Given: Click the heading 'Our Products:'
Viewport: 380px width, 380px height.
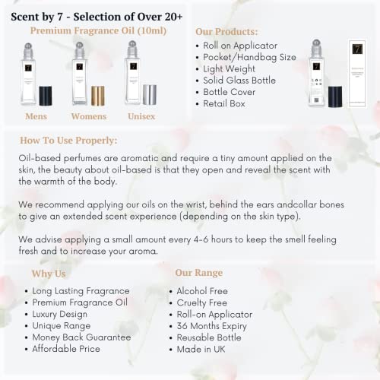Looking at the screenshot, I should (x=226, y=32).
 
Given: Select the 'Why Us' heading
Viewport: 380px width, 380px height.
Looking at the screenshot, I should (x=49, y=273).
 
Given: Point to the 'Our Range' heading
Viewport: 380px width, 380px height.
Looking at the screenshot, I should (x=199, y=273).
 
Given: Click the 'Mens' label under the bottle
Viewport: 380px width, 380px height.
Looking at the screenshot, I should (x=36, y=117).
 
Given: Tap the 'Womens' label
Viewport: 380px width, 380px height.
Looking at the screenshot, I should (x=89, y=117).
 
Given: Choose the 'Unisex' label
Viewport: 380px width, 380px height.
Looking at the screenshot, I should (x=141, y=117).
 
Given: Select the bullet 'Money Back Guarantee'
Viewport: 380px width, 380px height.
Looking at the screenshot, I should (x=82, y=337).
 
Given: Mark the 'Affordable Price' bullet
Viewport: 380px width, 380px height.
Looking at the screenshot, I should (x=71, y=348).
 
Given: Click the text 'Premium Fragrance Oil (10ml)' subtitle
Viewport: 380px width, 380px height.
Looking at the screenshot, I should (x=98, y=30).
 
